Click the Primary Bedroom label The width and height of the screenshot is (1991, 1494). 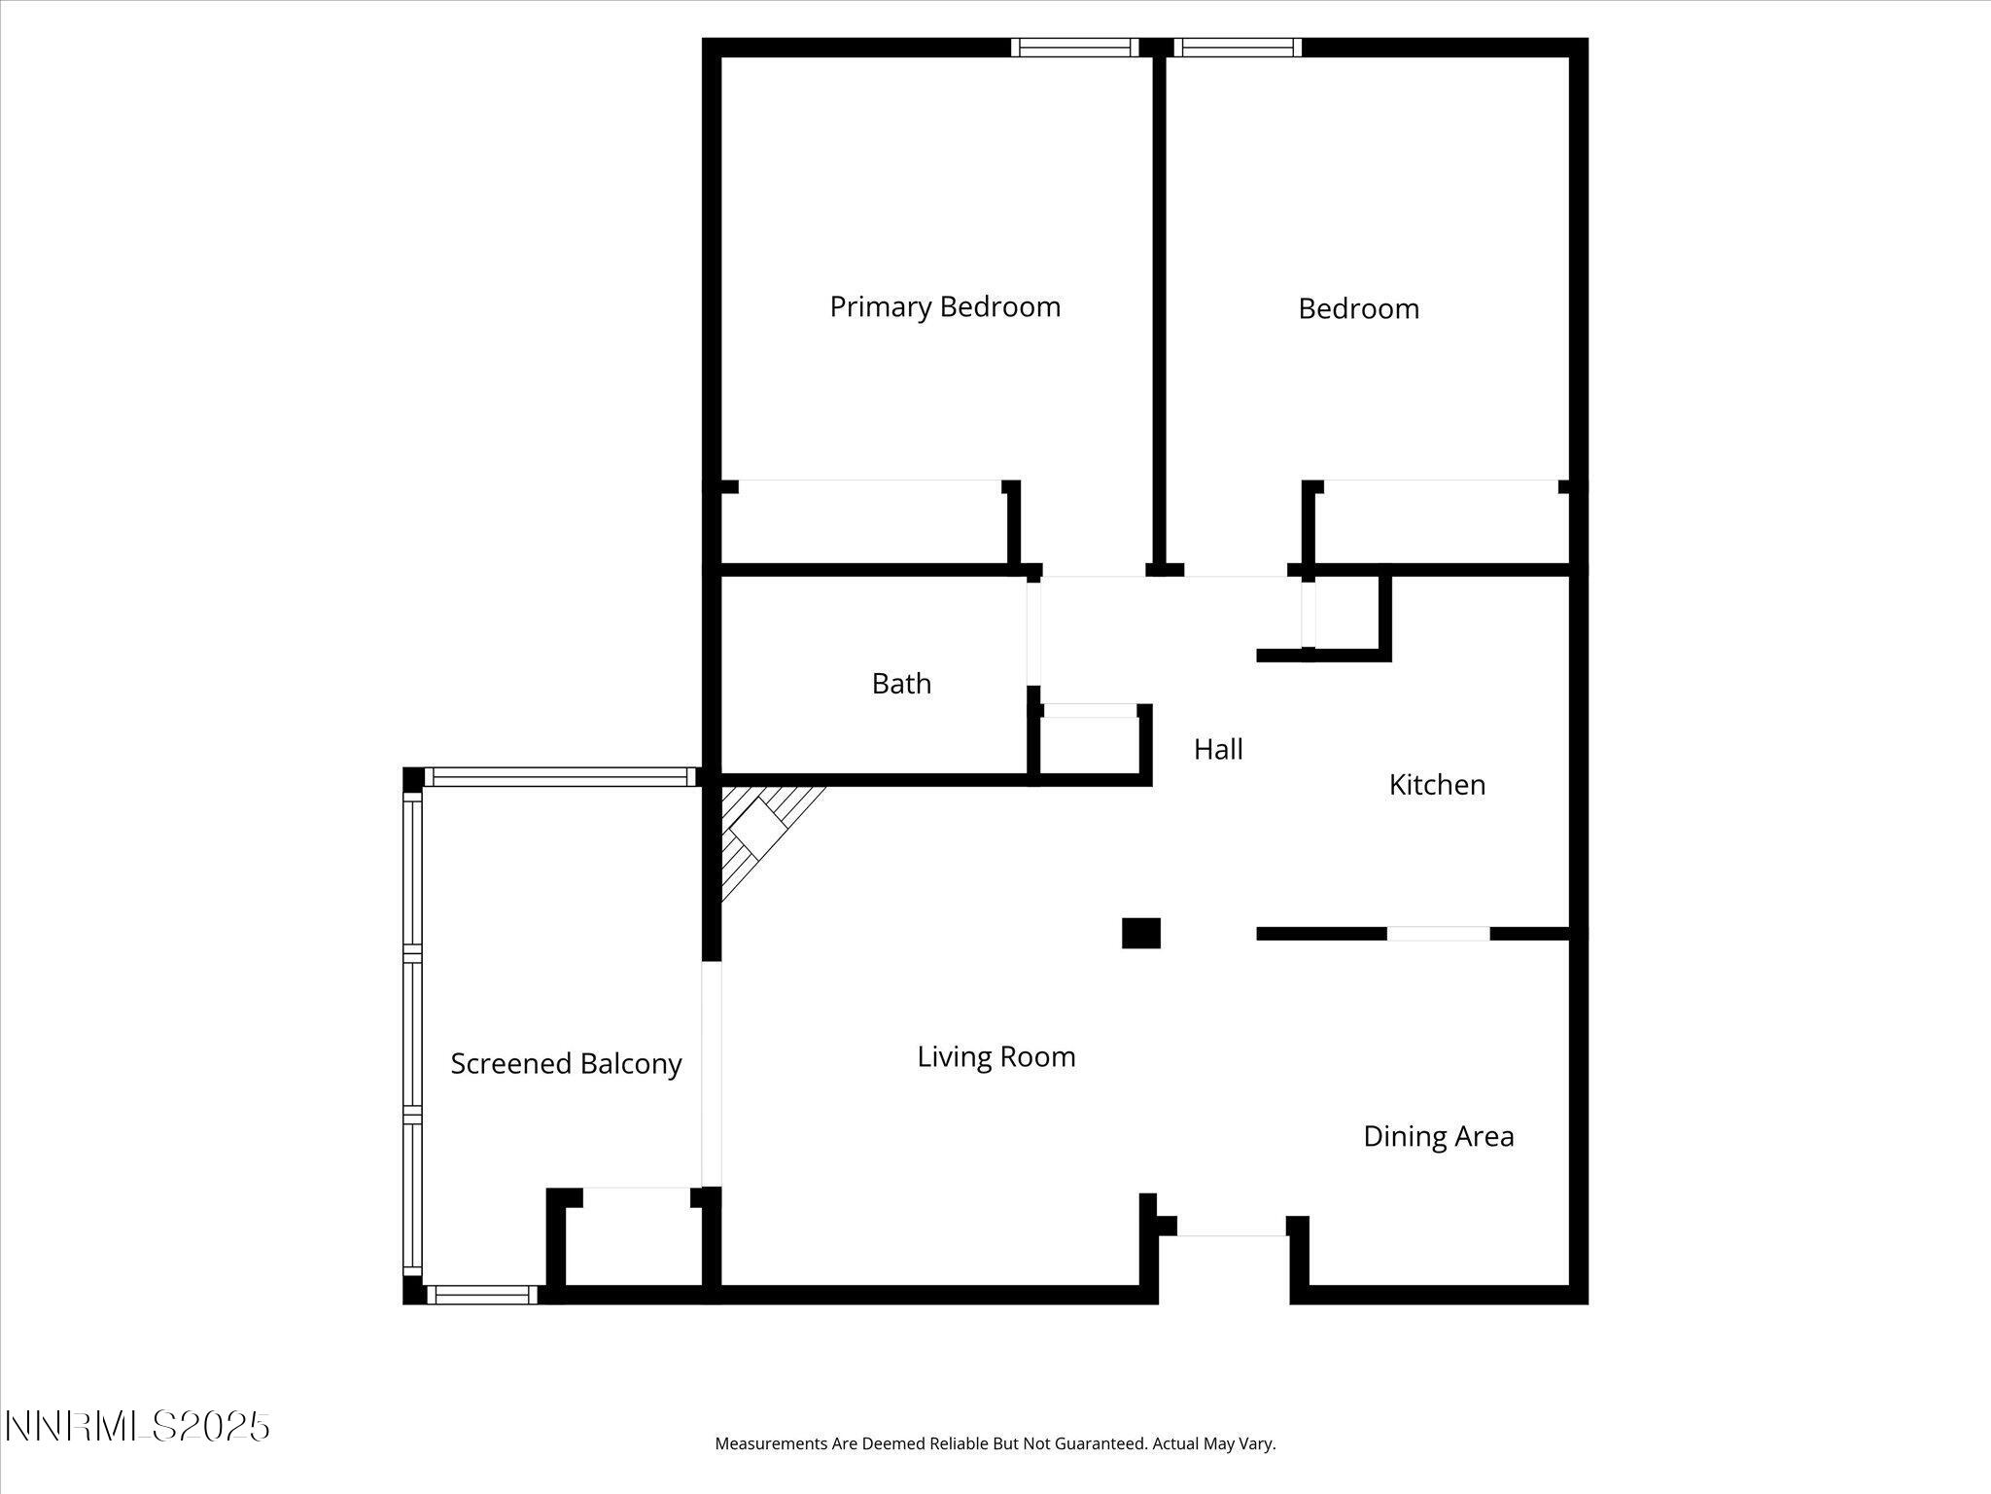[944, 307]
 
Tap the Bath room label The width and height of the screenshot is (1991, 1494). [901, 684]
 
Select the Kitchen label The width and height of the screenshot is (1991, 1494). [1436, 785]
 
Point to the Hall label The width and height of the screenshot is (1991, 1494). [1218, 749]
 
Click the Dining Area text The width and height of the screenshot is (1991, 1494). [1438, 1136]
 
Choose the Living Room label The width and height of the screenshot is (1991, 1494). [995, 1057]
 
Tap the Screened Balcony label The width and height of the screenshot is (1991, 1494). [566, 1064]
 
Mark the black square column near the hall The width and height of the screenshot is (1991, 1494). [1140, 933]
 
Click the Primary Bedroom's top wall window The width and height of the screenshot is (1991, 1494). [1073, 48]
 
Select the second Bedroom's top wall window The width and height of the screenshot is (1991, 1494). [1237, 48]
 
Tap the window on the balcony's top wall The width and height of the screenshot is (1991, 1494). [561, 777]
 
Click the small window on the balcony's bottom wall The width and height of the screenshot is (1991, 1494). [481, 1295]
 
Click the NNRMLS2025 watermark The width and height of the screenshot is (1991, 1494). [137, 1427]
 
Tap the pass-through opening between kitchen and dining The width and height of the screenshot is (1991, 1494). [1438, 934]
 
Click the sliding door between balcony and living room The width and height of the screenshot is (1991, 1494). [712, 1074]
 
